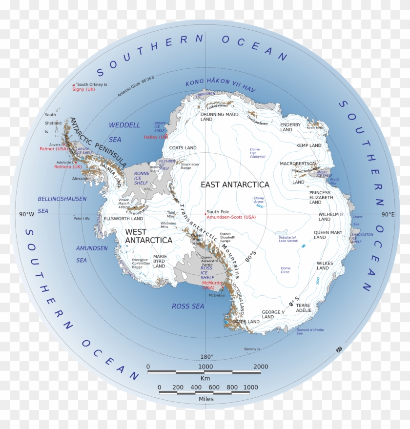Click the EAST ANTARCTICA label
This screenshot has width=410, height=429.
[x=235, y=184]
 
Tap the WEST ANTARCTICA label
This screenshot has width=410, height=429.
[x=148, y=236]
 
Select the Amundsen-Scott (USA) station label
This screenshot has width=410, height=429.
[x=231, y=217]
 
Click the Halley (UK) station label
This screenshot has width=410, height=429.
[x=156, y=137]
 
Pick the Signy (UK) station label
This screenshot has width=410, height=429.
[x=83, y=89]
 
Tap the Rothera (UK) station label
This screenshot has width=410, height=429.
[x=68, y=167]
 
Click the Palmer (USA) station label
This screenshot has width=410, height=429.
[x=54, y=149]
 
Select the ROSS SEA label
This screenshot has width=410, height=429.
[x=188, y=306]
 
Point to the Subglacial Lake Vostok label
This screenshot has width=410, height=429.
[x=287, y=239]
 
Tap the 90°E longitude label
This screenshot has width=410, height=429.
[x=388, y=214]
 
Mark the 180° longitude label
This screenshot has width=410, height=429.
[x=206, y=357]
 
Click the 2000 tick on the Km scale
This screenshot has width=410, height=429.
[x=261, y=367]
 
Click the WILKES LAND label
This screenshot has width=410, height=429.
[x=325, y=266]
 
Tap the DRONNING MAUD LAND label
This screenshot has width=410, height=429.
[x=220, y=117]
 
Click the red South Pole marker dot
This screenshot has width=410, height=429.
[x=205, y=214]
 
